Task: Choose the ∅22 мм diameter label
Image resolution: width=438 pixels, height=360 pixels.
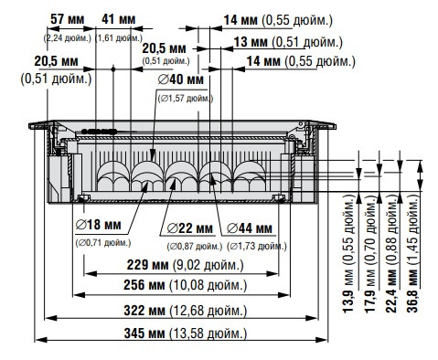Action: point(189,228)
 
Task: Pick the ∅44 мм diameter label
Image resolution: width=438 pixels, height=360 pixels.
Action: point(249,228)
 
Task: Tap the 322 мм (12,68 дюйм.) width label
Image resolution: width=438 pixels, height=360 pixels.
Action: point(184,311)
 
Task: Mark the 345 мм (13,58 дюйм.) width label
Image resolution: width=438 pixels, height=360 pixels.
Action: point(184,334)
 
